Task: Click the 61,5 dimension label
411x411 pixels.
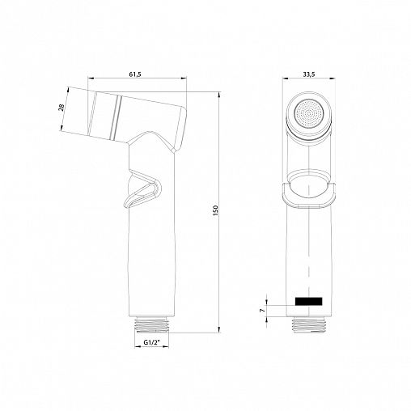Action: [135, 75]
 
